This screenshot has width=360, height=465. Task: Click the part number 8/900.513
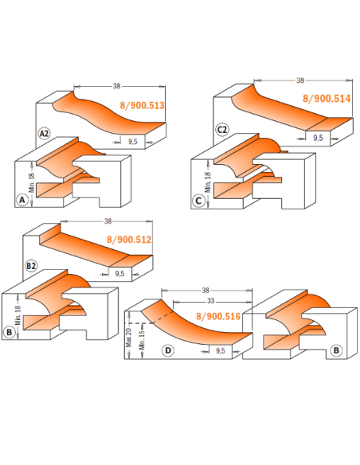[142, 105]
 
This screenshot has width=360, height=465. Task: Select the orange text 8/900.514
[327, 99]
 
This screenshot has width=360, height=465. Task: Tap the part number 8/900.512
[129, 240]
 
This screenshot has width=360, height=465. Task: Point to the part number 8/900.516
[218, 316]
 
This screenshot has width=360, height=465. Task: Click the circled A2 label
[44, 134]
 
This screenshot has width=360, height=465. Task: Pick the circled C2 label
[221, 130]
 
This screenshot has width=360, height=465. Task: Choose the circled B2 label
[31, 266]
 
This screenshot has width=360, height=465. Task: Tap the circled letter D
[168, 350]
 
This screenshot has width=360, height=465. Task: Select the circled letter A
[22, 200]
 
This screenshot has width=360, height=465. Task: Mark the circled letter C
[198, 201]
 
